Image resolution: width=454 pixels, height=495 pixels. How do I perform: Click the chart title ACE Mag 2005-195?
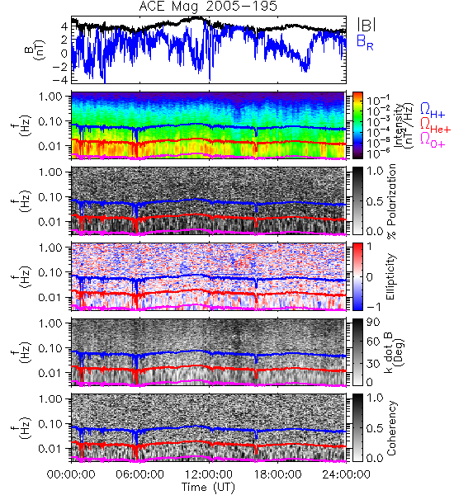coord(208,6)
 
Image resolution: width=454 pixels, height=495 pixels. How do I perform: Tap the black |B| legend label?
coord(367,25)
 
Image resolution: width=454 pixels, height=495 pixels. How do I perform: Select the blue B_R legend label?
coord(365,43)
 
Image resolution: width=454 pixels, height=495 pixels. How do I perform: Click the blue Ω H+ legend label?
coord(433,111)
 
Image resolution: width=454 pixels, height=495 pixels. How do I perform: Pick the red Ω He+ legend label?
coord(435,125)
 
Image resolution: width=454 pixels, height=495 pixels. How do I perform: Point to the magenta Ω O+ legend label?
coord(433,140)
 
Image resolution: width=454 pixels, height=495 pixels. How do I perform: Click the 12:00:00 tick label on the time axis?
coord(209,474)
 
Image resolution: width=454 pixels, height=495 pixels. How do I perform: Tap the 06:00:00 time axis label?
coord(140,474)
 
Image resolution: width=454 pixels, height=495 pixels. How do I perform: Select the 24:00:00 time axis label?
coord(346,474)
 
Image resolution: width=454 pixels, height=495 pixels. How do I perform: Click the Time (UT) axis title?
coord(209,488)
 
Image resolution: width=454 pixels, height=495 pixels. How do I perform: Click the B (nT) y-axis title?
coord(35,50)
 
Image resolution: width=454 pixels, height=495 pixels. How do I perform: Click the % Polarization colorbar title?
coord(391,201)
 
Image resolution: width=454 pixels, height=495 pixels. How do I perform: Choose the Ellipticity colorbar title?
coord(390,277)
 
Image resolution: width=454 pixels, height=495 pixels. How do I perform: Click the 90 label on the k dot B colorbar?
coord(373,322)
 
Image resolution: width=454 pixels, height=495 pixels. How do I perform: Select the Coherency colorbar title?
coord(391,428)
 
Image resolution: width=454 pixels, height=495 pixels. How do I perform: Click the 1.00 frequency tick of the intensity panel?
coord(50,96)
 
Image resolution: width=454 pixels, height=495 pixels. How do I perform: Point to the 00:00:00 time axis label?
coord(71,474)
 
